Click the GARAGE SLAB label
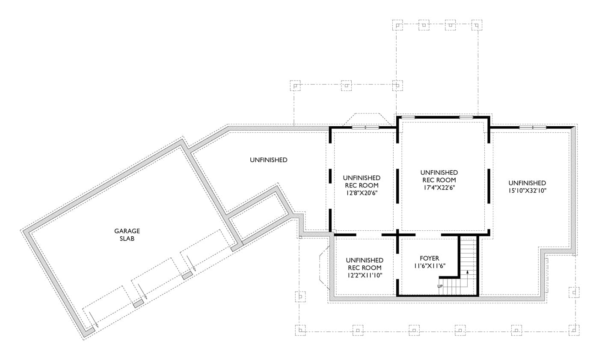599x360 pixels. pos(127,235)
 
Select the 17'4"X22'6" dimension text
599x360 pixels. pos(439,187)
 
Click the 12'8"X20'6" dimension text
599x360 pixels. pos(362,193)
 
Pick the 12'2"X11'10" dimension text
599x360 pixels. pos(364,275)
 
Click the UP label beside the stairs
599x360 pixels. pos(440,286)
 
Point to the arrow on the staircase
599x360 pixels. pos(468,271)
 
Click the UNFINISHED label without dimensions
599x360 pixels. pos(268,160)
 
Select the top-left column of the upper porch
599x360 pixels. pos(397,25)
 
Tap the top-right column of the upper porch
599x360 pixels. pos(477,25)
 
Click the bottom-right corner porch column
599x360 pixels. pos(574,330)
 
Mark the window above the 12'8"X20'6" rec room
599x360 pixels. pos(365,128)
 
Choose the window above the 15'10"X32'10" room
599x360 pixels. pos(533,128)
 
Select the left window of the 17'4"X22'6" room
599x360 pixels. pos(408,117)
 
